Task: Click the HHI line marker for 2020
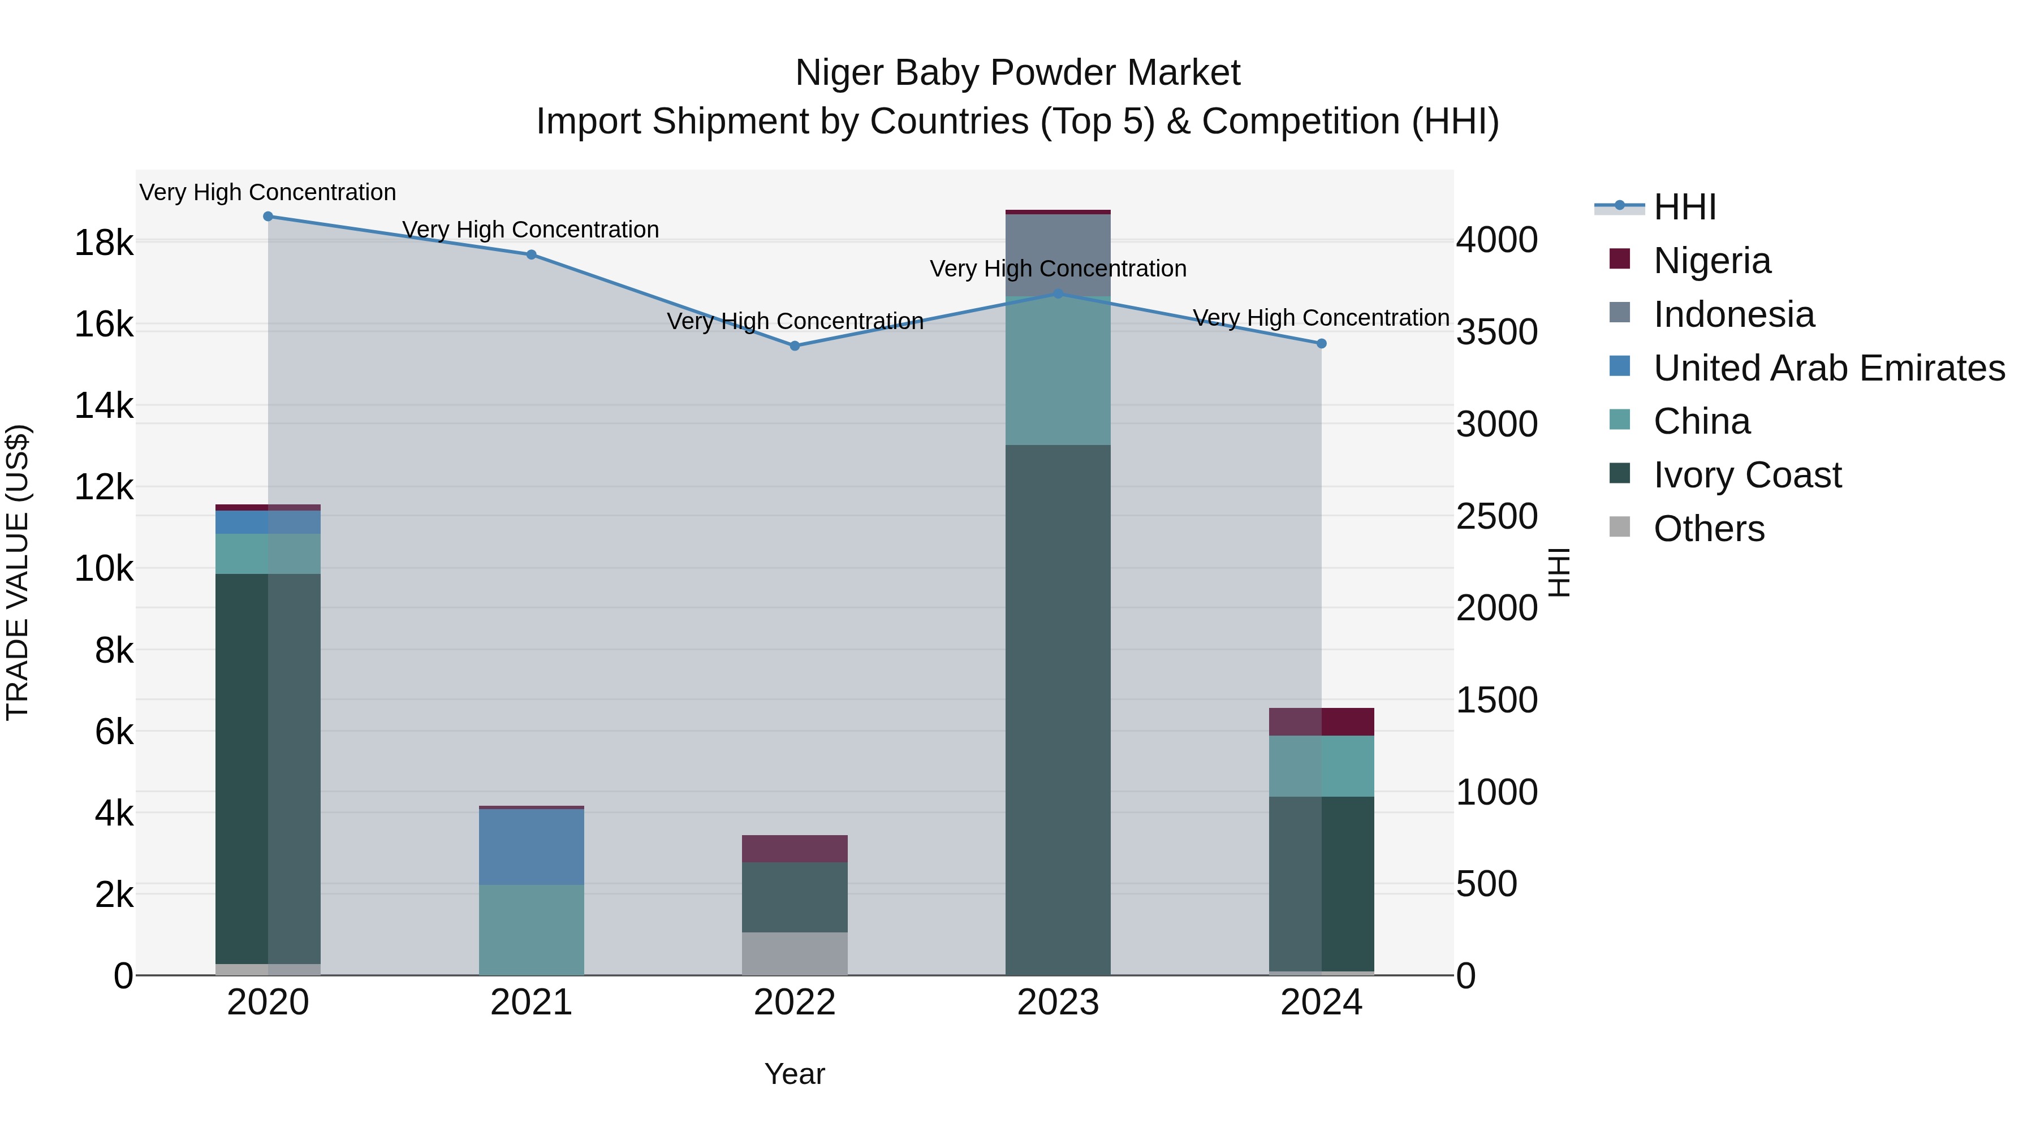pyautogui.click(x=268, y=217)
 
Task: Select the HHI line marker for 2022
pyautogui.click(x=795, y=346)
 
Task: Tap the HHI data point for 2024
pyautogui.click(x=1322, y=344)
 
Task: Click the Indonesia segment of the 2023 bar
pyautogui.click(x=1058, y=255)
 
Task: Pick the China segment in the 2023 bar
pyautogui.click(x=1058, y=370)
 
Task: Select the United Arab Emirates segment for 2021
pyautogui.click(x=531, y=846)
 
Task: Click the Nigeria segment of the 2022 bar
pyautogui.click(x=795, y=849)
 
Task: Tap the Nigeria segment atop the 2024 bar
pyautogui.click(x=1322, y=722)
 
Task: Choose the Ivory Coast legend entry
pyautogui.click(x=1747, y=475)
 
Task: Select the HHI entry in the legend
pyautogui.click(x=1684, y=207)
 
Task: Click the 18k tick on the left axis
pyautogui.click(x=103, y=243)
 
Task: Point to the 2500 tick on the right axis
pyautogui.click(x=1496, y=517)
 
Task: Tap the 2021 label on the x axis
pyautogui.click(x=531, y=1003)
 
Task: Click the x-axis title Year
pyautogui.click(x=795, y=1074)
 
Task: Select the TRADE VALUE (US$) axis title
pyautogui.click(x=18, y=572)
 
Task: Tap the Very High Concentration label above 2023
pyautogui.click(x=1058, y=269)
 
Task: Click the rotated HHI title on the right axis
pyautogui.click(x=1559, y=572)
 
